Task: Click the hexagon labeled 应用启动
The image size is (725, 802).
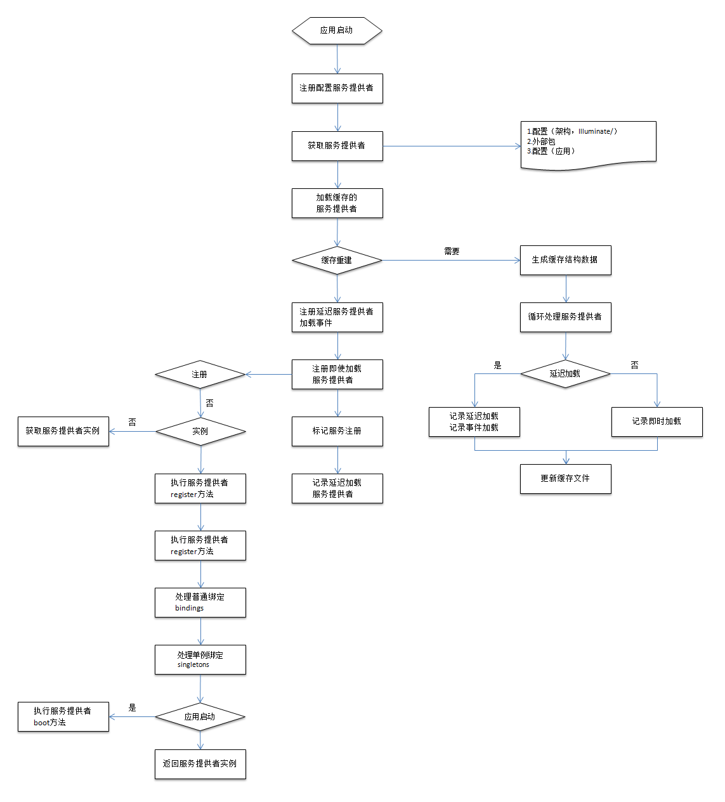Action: point(337,30)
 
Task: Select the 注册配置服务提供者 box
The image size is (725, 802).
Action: point(337,88)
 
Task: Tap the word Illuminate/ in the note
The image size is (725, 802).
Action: point(596,131)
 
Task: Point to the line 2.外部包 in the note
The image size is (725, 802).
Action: point(541,141)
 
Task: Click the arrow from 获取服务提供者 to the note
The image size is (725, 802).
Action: point(452,146)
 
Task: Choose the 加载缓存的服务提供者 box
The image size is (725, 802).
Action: point(337,203)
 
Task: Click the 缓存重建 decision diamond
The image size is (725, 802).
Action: point(337,261)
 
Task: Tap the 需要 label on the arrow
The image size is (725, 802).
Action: point(452,251)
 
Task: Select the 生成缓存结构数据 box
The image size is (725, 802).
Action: point(565,261)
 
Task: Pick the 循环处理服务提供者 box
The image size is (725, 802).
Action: point(565,318)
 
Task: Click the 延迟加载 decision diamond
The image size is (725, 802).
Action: point(565,374)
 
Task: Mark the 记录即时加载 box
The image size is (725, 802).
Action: point(656,422)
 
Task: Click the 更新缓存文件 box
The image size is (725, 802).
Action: point(565,479)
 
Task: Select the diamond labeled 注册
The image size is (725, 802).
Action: point(200,374)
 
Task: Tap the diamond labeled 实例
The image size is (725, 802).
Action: point(200,431)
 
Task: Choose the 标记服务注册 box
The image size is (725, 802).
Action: point(337,431)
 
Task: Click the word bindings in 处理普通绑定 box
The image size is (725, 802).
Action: point(189,608)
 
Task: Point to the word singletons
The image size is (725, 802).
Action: point(193,664)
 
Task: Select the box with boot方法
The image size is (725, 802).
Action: point(63,717)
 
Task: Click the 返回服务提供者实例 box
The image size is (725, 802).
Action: point(200,764)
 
